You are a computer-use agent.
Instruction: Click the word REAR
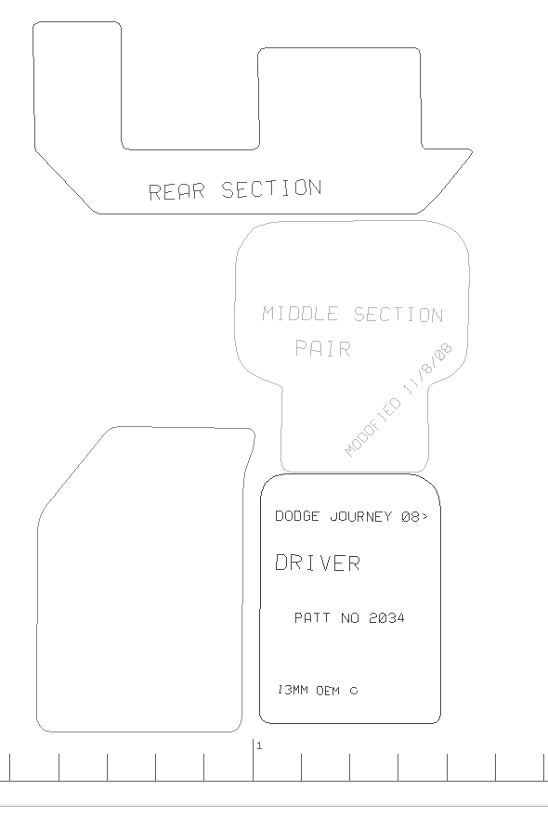(176, 191)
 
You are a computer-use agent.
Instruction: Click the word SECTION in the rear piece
(271, 188)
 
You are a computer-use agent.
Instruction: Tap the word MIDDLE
(300, 313)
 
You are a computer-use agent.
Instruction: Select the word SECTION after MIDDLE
(398, 315)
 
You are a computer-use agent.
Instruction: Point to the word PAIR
(322, 348)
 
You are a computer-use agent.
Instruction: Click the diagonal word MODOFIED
(372, 427)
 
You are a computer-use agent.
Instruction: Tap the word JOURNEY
(360, 516)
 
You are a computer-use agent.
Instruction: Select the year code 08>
(414, 516)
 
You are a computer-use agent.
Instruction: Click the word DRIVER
(318, 563)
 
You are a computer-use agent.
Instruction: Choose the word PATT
(312, 617)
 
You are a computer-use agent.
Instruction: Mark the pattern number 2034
(386, 617)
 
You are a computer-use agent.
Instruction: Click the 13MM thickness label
(293, 690)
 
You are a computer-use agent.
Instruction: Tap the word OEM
(328, 691)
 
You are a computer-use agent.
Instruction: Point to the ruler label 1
(259, 746)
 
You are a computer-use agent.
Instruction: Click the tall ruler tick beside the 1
(253, 760)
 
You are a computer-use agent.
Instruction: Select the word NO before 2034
(350, 617)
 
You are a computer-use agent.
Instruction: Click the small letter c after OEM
(354, 691)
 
